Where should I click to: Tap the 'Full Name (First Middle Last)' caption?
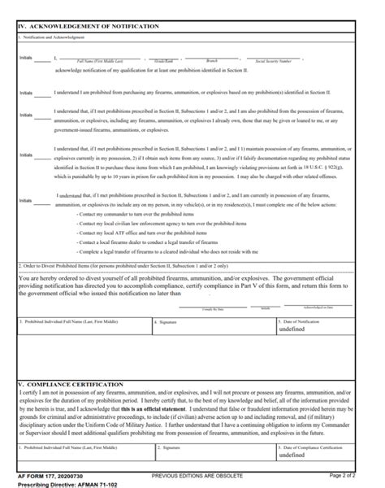click(99, 62)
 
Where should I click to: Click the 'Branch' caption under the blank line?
click(212, 62)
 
